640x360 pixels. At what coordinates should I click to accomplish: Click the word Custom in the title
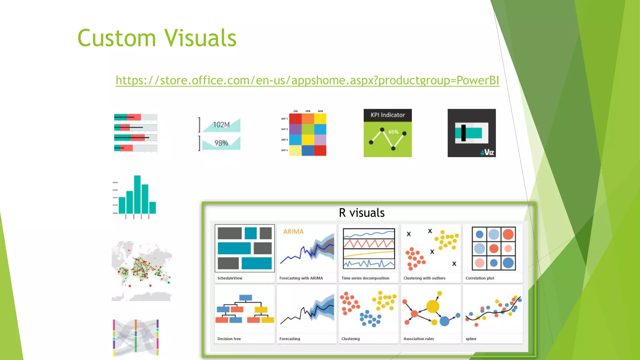pyautogui.click(x=116, y=38)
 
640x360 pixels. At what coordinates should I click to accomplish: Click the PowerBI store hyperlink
pyautogui.click(x=307, y=80)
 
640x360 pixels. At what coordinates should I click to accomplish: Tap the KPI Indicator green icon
pyautogui.click(x=387, y=133)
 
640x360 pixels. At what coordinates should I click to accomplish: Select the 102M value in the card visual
pyautogui.click(x=221, y=125)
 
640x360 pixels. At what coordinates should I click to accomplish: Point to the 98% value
pyautogui.click(x=221, y=143)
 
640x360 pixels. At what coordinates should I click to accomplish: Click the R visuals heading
pyautogui.click(x=362, y=213)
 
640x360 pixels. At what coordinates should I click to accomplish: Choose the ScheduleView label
pyautogui.click(x=230, y=278)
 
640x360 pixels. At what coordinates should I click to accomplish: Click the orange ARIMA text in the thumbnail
pyautogui.click(x=293, y=232)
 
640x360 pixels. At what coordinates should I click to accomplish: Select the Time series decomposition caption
pyautogui.click(x=365, y=278)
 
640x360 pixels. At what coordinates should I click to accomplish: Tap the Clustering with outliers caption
pyautogui.click(x=424, y=278)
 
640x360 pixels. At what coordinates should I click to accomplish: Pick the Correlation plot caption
pyautogui.click(x=480, y=278)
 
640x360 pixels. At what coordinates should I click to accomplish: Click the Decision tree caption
pyautogui.click(x=229, y=339)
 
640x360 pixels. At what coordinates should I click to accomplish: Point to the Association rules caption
pyautogui.click(x=418, y=339)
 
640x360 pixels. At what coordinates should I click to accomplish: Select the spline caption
pyautogui.click(x=471, y=339)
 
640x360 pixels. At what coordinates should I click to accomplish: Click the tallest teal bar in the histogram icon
pyautogui.click(x=137, y=194)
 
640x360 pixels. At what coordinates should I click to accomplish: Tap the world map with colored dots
pyautogui.click(x=142, y=271)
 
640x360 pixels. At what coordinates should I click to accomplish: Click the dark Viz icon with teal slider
pyautogui.click(x=472, y=133)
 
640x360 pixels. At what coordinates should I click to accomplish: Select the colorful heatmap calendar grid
pyautogui.click(x=307, y=134)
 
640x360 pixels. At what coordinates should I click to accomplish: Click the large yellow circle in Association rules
pyautogui.click(x=433, y=306)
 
